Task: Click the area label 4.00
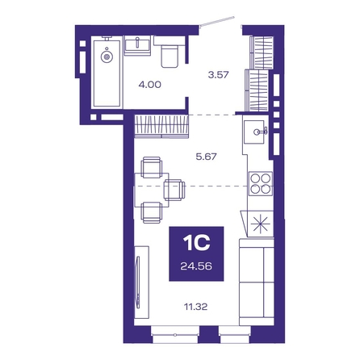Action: [x=150, y=85]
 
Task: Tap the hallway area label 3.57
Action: [x=218, y=74]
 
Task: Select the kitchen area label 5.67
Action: [x=206, y=157]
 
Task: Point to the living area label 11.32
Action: [x=195, y=307]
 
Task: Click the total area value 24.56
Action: [x=196, y=266]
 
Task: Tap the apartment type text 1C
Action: [x=196, y=243]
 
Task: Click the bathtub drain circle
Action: [x=107, y=57]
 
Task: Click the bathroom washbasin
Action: [x=137, y=45]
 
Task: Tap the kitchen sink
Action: [x=255, y=132]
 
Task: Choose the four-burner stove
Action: [x=260, y=184]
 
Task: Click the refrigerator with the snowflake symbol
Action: [x=260, y=224]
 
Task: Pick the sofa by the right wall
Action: [x=257, y=282]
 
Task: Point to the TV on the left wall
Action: [x=138, y=283]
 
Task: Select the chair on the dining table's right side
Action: [x=174, y=190]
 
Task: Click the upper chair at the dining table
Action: [x=152, y=167]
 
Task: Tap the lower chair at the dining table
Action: [x=152, y=212]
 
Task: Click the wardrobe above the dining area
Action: [x=161, y=126]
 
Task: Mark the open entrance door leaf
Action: [x=217, y=21]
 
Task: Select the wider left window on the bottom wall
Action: [x=175, y=334]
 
